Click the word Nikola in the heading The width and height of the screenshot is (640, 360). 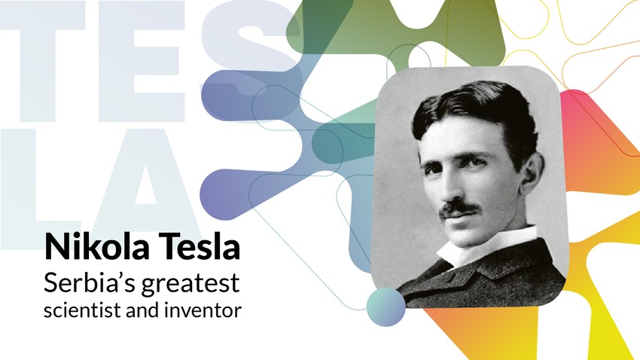[x=87, y=248]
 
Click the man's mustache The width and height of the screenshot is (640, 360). [x=459, y=207]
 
